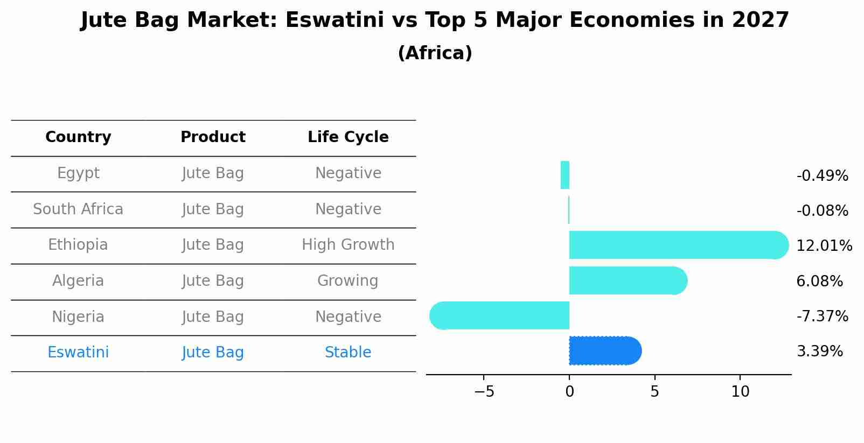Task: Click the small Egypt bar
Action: [x=565, y=175]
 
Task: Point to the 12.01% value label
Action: [x=824, y=246]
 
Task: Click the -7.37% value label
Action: [x=822, y=317]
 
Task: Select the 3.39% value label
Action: [x=819, y=351]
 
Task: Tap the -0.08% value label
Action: [x=822, y=211]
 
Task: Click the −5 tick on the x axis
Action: [x=484, y=392]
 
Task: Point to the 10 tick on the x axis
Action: [x=740, y=392]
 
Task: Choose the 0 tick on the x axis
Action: [x=569, y=392]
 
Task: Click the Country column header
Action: [x=78, y=137]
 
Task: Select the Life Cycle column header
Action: [x=348, y=137]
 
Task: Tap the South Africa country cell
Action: [x=78, y=209]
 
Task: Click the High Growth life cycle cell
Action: [x=348, y=245]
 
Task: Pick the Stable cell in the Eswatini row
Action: [x=348, y=353]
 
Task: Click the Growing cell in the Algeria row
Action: [x=348, y=281]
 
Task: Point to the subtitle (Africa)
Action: [x=435, y=53]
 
